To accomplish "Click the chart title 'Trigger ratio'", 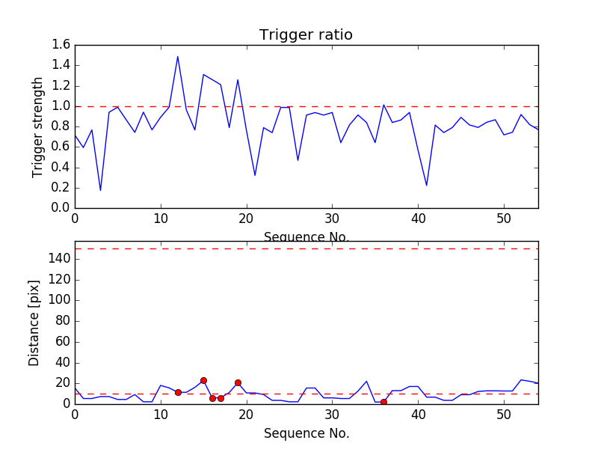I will [x=306, y=35].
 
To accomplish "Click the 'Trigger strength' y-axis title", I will [x=38, y=126].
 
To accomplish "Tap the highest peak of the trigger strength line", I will [x=178, y=57].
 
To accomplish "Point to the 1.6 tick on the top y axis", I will [x=61, y=45].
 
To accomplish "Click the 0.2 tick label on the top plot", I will [x=61, y=187].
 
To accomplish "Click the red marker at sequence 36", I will [x=383, y=402].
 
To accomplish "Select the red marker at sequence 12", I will [x=178, y=392].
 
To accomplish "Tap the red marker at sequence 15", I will [x=203, y=380].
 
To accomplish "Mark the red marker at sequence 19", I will [x=238, y=382].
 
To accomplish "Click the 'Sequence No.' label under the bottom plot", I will [x=306, y=433].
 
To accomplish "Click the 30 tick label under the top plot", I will [x=332, y=219].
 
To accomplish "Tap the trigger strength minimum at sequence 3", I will [x=100, y=190].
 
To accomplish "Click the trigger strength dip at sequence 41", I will [x=427, y=186].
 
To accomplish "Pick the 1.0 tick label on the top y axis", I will [x=61, y=106].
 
